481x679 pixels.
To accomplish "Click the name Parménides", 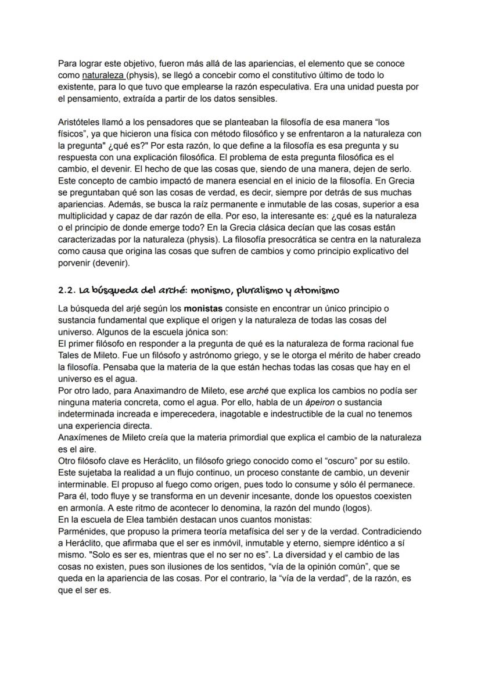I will pos(82,531).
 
